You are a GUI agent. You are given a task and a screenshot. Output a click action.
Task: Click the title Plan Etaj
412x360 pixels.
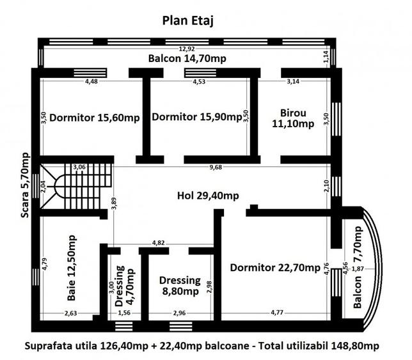click(x=187, y=20)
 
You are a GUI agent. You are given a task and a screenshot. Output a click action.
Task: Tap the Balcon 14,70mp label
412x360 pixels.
click(x=187, y=59)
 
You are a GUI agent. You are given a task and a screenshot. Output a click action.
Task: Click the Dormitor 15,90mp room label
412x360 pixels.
click(x=196, y=117)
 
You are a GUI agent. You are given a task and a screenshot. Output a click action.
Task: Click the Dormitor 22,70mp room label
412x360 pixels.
click(x=275, y=267)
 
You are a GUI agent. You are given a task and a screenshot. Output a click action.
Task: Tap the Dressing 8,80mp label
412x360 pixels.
click(x=180, y=286)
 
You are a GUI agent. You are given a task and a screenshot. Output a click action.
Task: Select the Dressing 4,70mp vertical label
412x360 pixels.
click(x=125, y=286)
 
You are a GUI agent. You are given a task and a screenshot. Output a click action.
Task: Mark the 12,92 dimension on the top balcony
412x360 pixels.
click(x=187, y=49)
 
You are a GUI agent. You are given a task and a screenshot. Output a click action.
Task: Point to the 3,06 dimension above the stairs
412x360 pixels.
click(x=80, y=167)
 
